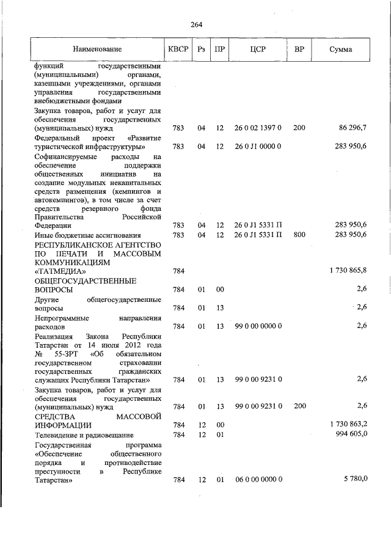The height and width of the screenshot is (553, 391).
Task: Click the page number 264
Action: click(x=196, y=24)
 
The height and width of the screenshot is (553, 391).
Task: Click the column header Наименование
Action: click(x=97, y=49)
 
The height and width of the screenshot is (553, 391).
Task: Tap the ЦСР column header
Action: click(x=258, y=49)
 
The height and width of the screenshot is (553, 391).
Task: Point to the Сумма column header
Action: click(x=340, y=49)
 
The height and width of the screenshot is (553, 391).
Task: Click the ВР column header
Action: click(x=299, y=49)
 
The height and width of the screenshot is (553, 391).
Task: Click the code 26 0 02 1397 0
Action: click(x=257, y=128)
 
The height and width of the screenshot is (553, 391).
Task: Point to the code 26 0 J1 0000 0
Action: click(x=257, y=147)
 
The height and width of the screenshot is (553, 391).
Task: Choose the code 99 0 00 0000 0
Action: click(x=258, y=326)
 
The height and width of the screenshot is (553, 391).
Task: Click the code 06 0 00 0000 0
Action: click(x=258, y=480)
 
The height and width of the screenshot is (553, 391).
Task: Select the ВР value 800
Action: click(x=299, y=235)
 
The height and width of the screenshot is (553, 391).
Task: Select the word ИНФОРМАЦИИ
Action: click(x=64, y=425)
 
